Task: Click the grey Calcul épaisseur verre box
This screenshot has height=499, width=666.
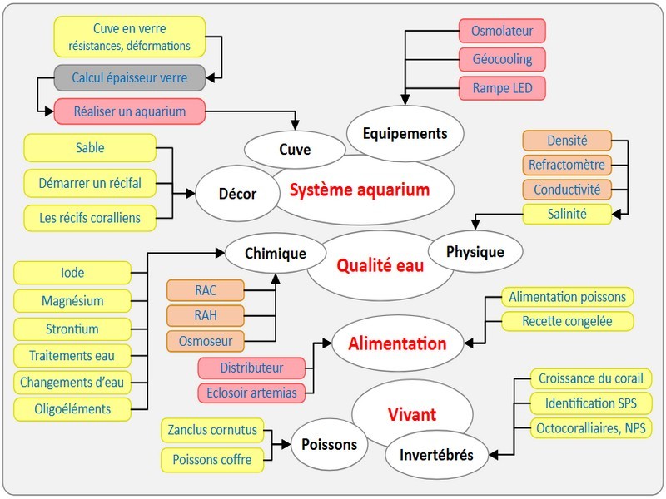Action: click(129, 78)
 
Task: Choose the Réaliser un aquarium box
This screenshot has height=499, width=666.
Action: click(129, 111)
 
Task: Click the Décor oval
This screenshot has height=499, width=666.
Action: click(237, 194)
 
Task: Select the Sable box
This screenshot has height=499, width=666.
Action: click(89, 148)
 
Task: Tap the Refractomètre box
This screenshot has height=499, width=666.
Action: click(567, 165)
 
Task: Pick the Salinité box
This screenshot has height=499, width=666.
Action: click(567, 214)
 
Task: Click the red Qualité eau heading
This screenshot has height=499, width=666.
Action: click(380, 266)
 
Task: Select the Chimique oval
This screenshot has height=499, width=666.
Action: click(276, 253)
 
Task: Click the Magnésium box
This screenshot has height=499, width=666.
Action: click(72, 300)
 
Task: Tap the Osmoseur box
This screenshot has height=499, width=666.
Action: click(205, 341)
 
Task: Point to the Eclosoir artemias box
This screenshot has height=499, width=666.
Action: click(252, 392)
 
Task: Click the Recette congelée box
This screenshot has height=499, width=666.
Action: click(567, 321)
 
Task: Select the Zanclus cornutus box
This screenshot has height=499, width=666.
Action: click(212, 431)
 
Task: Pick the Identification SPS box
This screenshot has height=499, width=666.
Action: click(590, 403)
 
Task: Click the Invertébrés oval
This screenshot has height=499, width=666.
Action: click(437, 455)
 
